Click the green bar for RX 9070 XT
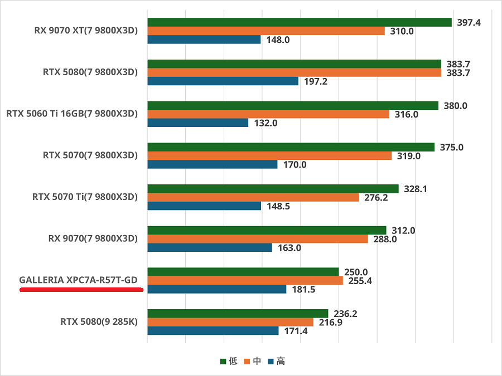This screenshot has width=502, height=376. pos(300,22)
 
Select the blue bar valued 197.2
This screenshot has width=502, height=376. pos(223,81)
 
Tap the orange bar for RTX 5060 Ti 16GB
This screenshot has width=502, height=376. pos(268,114)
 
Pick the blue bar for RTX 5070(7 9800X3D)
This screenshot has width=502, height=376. pos(213,164)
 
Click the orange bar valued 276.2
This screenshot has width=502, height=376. pos(253,197)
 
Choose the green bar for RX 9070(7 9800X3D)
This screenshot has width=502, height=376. pos(267,231)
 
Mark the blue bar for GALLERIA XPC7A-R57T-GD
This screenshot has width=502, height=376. pos(217,289)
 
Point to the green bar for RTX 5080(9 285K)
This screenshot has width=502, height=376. pos(238,314)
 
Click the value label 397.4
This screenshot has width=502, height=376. pos(469,22)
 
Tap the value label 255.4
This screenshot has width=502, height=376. pos(360,281)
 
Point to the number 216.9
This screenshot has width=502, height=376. pos(330,323)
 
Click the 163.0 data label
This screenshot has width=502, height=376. pos(289,248)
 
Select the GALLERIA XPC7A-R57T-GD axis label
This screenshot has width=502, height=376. pos(78,280)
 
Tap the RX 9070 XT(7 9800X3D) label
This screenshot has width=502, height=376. pos(85,31)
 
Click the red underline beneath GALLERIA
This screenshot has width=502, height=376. pos(81,290)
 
